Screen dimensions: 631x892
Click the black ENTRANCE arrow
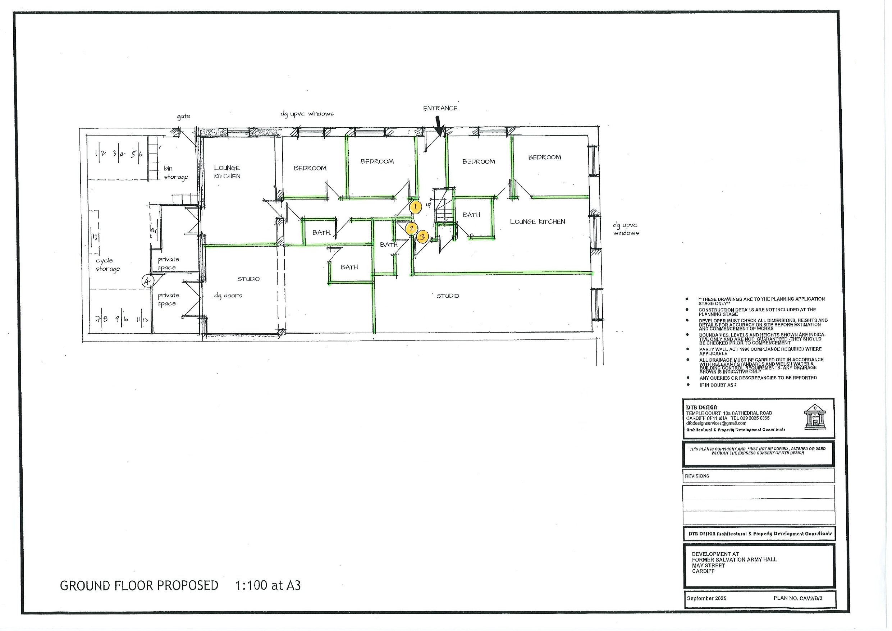[x=439, y=126]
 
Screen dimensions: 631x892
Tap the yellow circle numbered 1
[x=415, y=207]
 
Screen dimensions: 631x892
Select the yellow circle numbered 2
[x=411, y=228]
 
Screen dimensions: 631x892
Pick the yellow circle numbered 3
[x=423, y=237]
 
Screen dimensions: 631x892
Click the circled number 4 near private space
[x=147, y=280]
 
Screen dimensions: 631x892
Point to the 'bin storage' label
[x=175, y=173]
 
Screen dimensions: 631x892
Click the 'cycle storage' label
[x=108, y=265]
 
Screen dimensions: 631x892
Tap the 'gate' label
[x=183, y=116]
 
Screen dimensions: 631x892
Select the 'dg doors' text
[x=228, y=296]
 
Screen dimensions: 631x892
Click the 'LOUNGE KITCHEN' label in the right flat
[x=537, y=221]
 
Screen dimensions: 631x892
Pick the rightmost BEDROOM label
[x=544, y=157]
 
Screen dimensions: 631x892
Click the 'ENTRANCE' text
[x=440, y=109]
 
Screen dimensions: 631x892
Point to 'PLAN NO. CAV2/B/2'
[x=797, y=598]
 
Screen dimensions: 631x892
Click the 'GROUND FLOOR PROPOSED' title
[x=139, y=586]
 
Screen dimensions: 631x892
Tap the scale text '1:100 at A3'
[x=268, y=586]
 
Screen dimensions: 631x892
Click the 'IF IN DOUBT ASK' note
[x=718, y=385]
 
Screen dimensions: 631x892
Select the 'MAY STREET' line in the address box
[x=708, y=565]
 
